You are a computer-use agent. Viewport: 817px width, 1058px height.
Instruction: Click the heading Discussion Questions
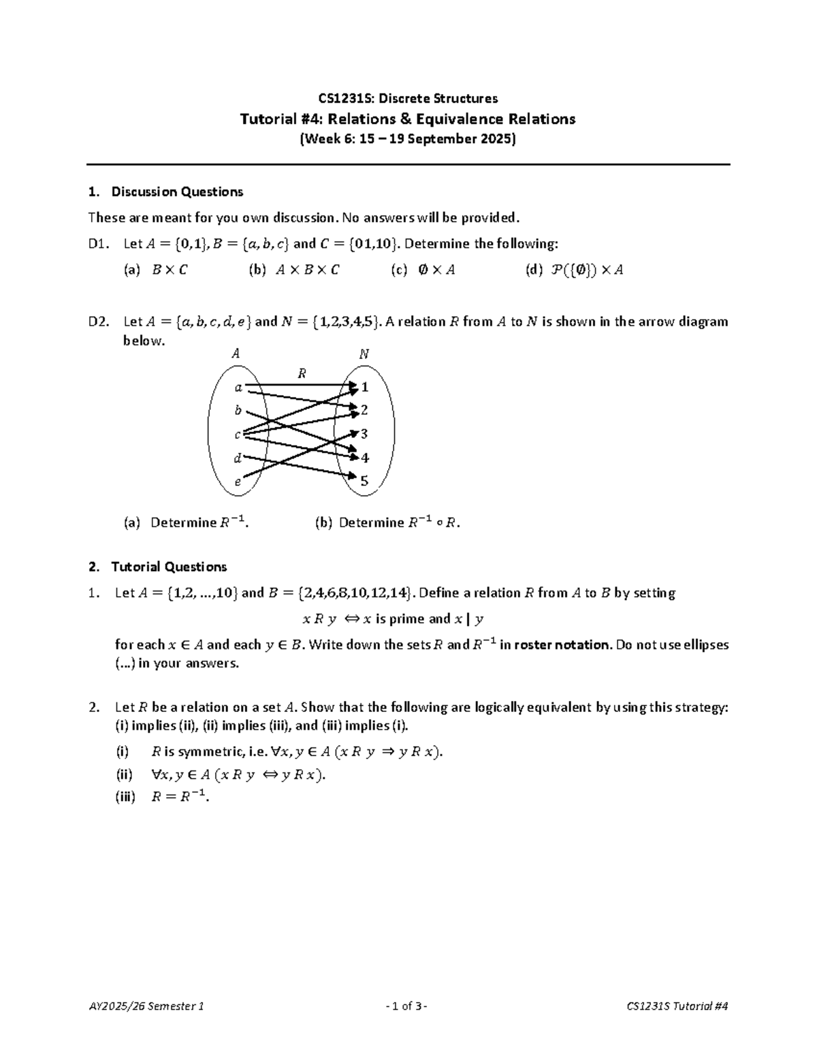click(177, 191)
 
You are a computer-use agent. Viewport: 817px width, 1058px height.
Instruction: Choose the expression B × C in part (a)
click(170, 270)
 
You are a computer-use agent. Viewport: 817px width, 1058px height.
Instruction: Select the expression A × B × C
click(307, 270)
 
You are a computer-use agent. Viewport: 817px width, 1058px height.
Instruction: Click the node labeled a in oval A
click(238, 388)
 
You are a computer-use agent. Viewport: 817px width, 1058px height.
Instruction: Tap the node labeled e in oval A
click(238, 482)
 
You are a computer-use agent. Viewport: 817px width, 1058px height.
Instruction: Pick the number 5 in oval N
click(364, 481)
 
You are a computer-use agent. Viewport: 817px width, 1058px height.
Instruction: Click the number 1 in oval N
click(365, 387)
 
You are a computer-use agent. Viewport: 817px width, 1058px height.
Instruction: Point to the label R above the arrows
click(302, 373)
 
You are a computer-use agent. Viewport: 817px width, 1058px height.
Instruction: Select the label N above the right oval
click(364, 354)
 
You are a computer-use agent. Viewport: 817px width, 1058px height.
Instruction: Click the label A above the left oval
click(236, 354)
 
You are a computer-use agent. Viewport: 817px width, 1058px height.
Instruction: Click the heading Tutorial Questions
click(169, 567)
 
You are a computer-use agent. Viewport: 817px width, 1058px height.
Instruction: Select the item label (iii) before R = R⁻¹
click(125, 796)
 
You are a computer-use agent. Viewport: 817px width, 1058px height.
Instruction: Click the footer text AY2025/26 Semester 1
click(146, 1006)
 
